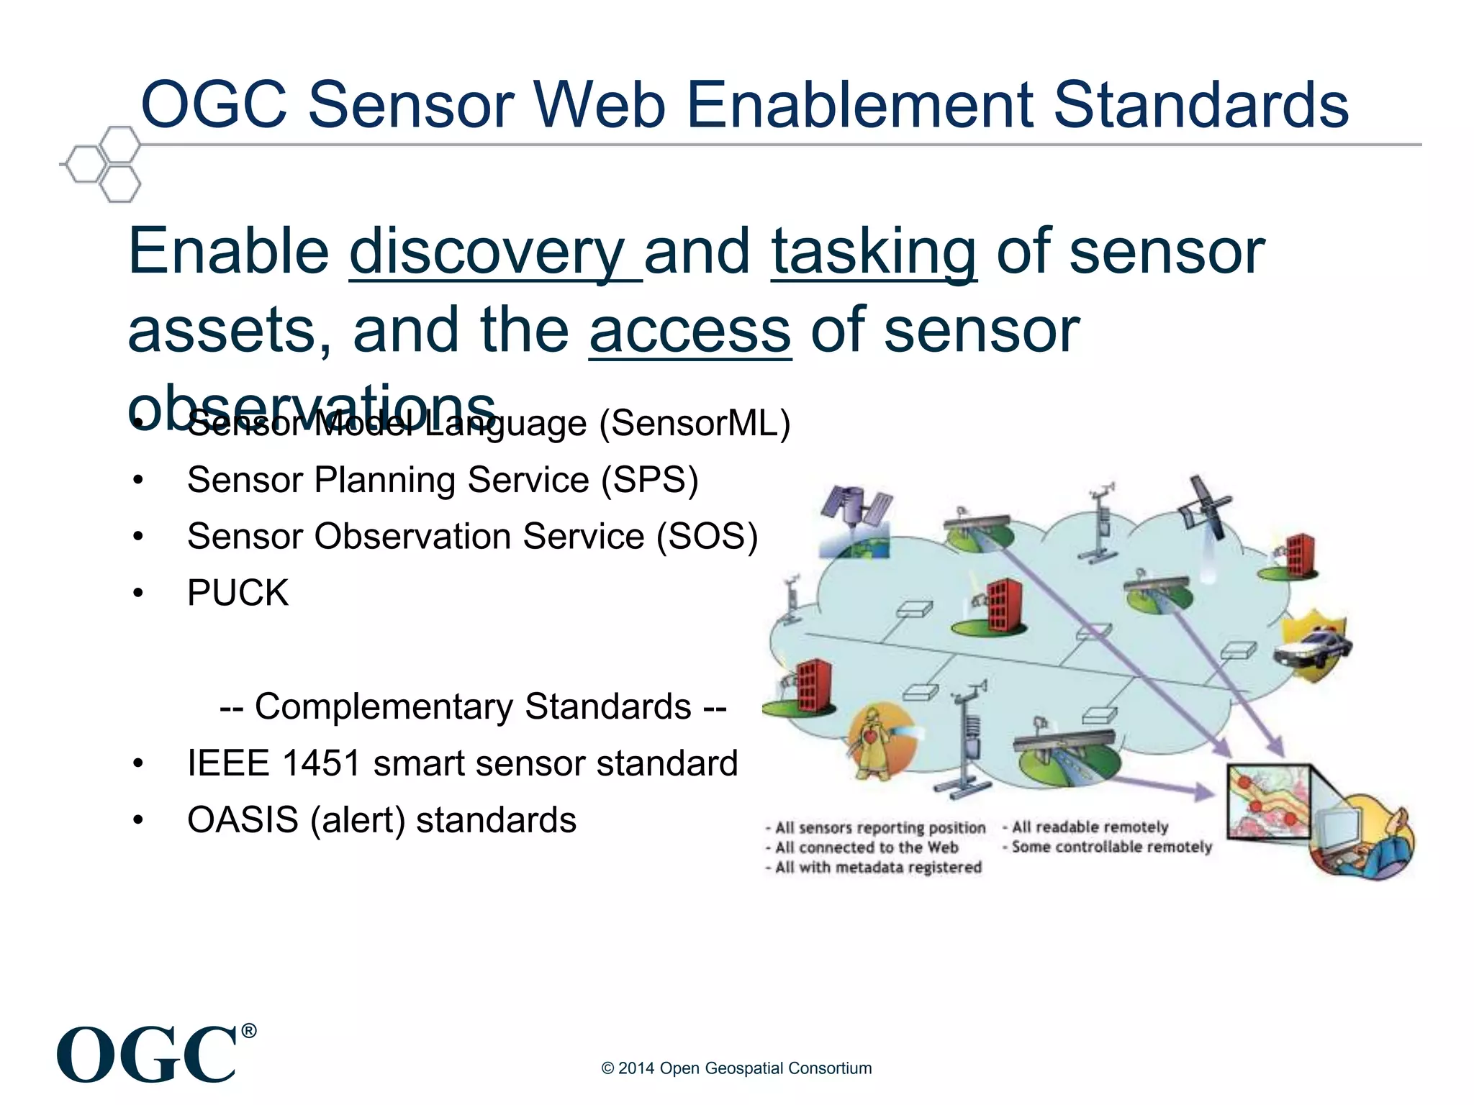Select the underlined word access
click(x=689, y=331)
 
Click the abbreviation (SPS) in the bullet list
click(x=650, y=480)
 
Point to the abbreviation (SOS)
click(x=707, y=537)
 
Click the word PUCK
click(x=238, y=594)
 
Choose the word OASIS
click(x=243, y=820)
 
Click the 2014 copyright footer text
click(x=736, y=1068)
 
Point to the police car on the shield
click(x=1311, y=645)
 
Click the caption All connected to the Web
click(x=866, y=847)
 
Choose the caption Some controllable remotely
click(x=1111, y=847)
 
